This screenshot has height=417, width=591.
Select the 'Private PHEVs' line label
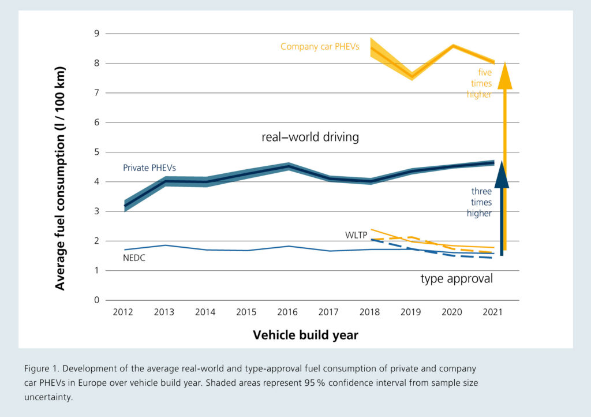149,167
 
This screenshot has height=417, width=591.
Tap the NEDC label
133,259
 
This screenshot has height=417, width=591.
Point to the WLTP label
356,236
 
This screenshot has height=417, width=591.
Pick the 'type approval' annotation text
456,279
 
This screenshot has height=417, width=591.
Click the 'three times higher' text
481,202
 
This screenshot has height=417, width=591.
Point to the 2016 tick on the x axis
287,312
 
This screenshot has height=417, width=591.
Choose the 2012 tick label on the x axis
123,312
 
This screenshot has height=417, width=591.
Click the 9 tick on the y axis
96,34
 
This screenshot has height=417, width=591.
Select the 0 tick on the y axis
96,300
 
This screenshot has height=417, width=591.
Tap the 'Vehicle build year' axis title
305,335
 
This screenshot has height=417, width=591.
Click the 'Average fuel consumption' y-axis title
60,178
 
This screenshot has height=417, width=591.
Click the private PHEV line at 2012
124,206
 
